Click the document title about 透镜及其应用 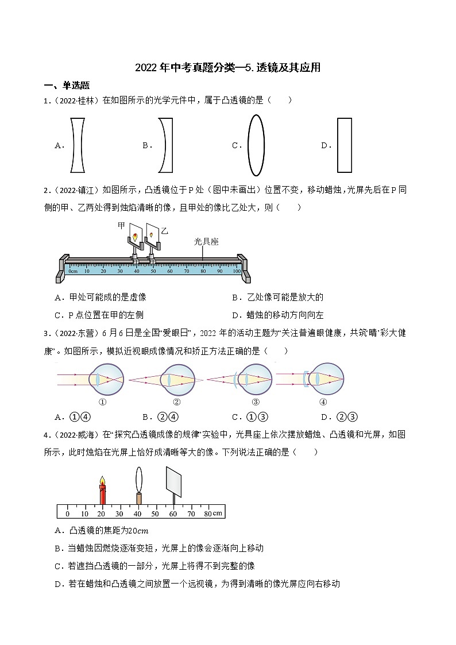click(x=227, y=68)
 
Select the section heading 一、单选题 click(x=67, y=86)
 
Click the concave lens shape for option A click(x=79, y=145)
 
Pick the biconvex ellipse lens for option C click(x=256, y=145)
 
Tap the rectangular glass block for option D click(x=344, y=145)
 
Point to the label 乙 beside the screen click(x=165, y=231)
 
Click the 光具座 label click(x=206, y=242)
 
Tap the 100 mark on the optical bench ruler click(x=237, y=270)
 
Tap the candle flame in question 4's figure click(x=103, y=480)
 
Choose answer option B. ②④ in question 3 click(x=161, y=417)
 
